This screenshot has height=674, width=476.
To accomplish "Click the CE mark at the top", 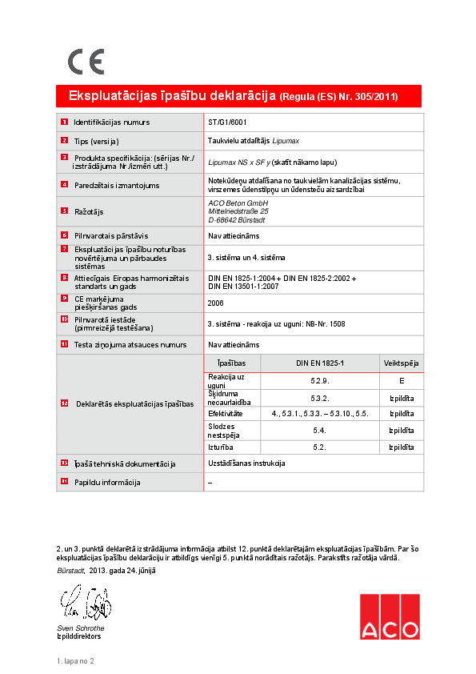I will click(86, 62).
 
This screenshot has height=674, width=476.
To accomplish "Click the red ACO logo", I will click(389, 617).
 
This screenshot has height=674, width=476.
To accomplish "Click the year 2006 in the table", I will click(215, 303).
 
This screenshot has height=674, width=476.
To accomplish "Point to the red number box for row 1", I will click(64, 122).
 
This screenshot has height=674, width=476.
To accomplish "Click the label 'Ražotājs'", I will click(89, 211).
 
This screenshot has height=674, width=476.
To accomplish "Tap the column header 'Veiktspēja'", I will click(401, 363).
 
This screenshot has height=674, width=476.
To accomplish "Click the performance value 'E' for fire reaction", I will click(401, 381).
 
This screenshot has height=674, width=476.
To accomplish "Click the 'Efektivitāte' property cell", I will click(226, 414).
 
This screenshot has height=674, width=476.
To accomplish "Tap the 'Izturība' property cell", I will click(221, 447).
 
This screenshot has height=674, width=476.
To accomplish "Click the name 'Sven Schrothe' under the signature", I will click(80, 628).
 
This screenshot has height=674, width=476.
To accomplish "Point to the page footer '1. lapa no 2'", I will click(75, 661).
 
